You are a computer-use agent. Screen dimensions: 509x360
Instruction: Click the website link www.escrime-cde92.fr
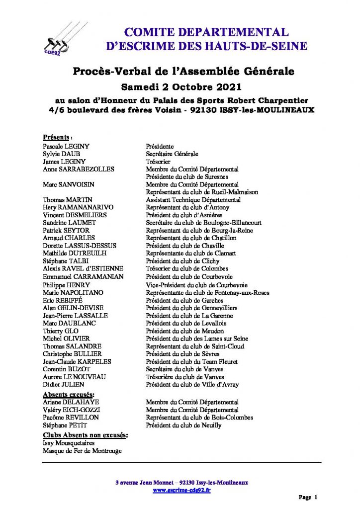click(181, 490)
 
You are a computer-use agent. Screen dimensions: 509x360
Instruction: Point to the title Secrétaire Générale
click(172, 154)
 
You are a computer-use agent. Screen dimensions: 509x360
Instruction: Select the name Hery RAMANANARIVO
click(78, 207)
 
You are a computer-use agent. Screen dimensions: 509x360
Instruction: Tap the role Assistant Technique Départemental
click(193, 200)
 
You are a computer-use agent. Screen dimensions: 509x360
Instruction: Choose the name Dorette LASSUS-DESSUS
click(80, 246)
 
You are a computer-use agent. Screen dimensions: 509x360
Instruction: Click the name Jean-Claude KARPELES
click(77, 361)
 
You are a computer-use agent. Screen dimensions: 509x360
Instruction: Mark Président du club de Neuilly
click(183, 425)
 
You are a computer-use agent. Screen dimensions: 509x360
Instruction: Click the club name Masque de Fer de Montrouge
click(82, 451)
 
